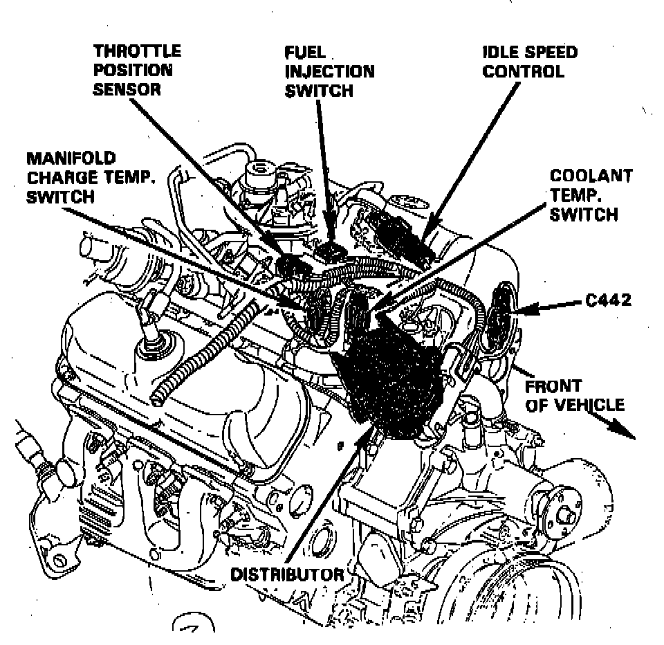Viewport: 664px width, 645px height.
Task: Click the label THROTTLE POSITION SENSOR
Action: (x=137, y=70)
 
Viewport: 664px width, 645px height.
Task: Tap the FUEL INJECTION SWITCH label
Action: (x=329, y=71)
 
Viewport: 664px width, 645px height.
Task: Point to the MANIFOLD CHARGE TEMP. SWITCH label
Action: (x=91, y=178)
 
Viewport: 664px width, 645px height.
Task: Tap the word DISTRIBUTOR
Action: (x=287, y=574)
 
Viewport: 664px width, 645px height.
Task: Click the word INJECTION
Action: (x=329, y=71)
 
